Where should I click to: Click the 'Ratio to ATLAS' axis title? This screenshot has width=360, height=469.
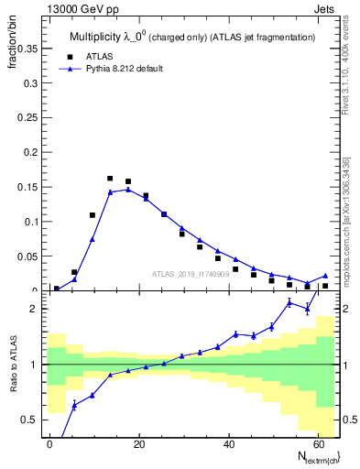point(12,365)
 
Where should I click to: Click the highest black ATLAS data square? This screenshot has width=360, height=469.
point(110,179)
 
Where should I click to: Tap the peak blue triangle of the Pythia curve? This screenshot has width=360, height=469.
point(128,190)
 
